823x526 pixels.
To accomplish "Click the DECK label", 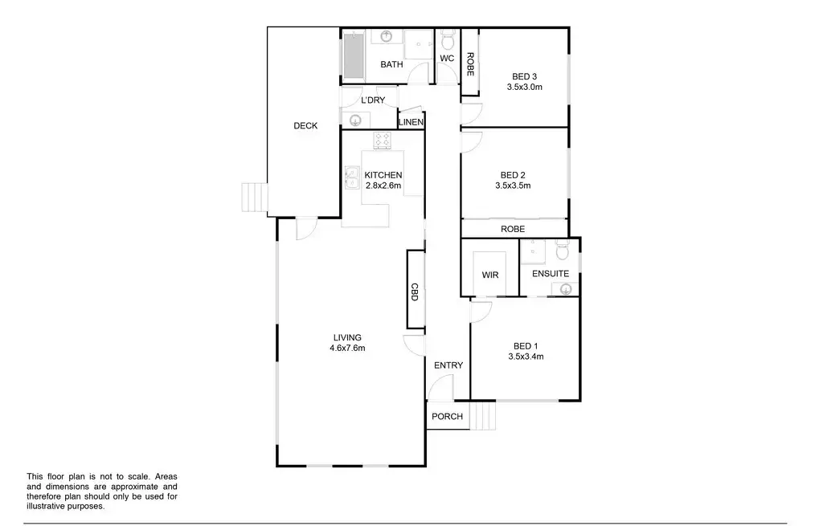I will click(x=305, y=126).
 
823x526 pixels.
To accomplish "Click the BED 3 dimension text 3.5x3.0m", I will click(x=526, y=87).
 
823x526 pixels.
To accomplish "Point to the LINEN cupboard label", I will click(x=411, y=122).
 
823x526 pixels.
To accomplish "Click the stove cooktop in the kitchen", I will click(x=383, y=141).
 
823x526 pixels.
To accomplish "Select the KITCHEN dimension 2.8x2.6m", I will click(x=383, y=186).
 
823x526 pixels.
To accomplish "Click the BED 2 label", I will click(x=513, y=175).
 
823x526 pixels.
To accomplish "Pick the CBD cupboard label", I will click(x=415, y=292).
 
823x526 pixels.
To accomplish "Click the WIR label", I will click(x=490, y=275).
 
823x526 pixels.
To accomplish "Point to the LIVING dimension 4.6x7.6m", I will click(x=347, y=348).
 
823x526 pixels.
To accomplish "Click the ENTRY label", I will click(x=448, y=365).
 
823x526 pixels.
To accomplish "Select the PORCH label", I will click(x=447, y=416).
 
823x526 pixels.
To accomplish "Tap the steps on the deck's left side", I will click(x=254, y=197).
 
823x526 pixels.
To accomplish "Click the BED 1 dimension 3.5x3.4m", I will click(x=526, y=357).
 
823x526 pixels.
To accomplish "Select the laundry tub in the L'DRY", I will click(x=355, y=120).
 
